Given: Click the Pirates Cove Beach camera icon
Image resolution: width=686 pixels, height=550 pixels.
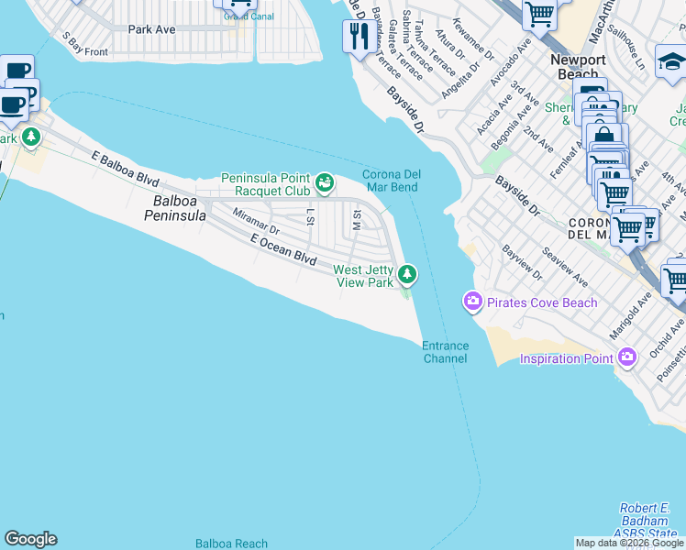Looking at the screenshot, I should tap(473, 302).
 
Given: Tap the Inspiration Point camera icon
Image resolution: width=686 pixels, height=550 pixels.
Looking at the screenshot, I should tap(627, 357).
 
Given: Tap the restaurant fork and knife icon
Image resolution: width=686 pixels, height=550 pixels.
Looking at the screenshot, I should tap(357, 37).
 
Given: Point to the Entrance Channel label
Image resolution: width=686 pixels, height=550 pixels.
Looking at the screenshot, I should tap(445, 352).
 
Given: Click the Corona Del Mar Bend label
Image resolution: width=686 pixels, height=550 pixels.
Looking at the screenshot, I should tap(390, 181).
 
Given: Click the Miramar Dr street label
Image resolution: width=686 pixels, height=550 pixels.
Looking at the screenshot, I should tap(255, 220).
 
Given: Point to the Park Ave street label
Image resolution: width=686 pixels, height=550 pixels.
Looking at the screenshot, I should tap(151, 29).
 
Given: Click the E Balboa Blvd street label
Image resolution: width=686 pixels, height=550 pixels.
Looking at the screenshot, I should tap(126, 170).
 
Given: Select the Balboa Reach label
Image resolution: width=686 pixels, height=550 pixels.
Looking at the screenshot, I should tap(231, 544).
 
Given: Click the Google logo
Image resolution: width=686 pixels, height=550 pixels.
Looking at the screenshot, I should tap(30, 539).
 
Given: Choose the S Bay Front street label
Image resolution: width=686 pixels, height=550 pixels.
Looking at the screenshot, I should tap(84, 45).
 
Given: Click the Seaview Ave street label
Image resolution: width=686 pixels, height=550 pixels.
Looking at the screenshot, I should tap(564, 265).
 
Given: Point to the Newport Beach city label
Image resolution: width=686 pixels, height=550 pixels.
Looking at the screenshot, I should tap(578, 66).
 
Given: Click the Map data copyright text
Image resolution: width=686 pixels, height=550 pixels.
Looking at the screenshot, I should tap(629, 543).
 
